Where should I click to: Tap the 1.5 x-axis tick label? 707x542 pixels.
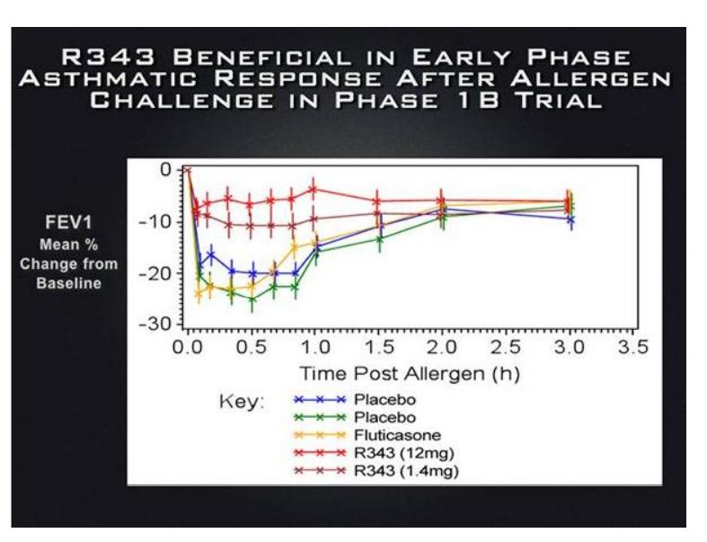[x=378, y=346]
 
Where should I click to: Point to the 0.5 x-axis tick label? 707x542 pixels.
[x=252, y=346]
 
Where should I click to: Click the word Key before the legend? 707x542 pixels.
[x=240, y=403]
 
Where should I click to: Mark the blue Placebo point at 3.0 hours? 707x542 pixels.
[x=570, y=219]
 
